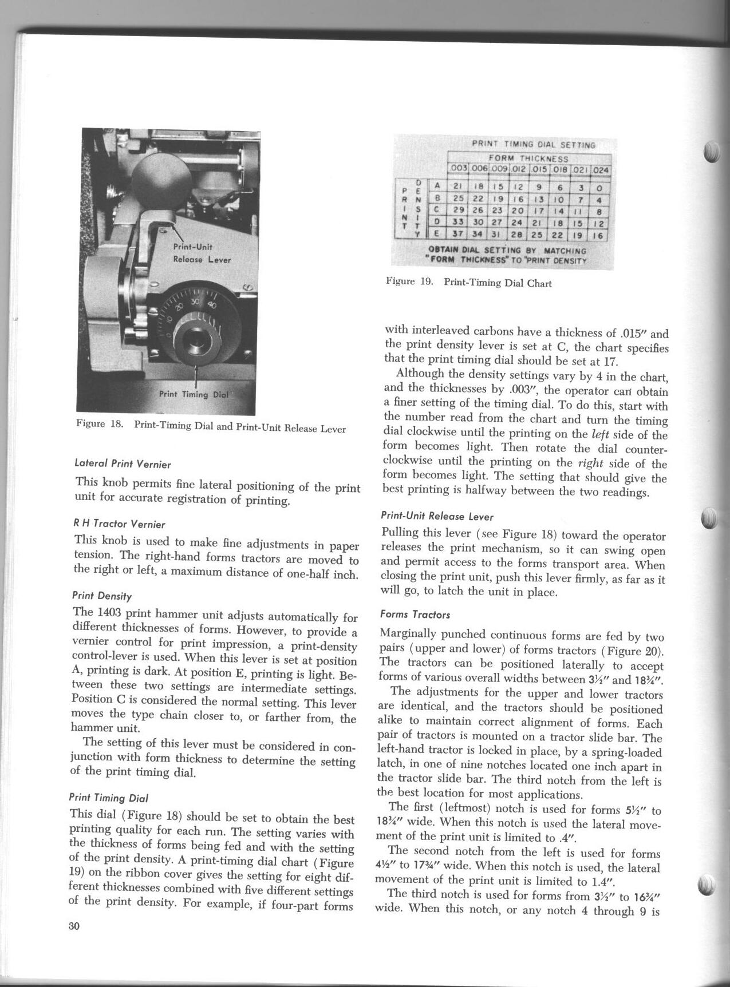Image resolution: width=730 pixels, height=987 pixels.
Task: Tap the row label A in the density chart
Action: tap(437, 185)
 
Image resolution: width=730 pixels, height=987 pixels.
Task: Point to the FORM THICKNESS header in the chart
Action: tap(528, 159)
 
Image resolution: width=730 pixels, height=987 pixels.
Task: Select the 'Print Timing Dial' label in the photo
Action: tap(194, 394)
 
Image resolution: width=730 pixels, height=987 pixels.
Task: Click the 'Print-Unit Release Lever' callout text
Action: tap(202, 253)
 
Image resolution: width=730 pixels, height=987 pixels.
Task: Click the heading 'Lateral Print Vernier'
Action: tap(123, 464)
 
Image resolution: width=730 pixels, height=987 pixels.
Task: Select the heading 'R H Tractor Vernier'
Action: tap(120, 524)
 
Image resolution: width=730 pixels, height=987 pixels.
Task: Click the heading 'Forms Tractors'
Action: tap(415, 615)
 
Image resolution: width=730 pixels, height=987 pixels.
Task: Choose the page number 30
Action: tap(75, 943)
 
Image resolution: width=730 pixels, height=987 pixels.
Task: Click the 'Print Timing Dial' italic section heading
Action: tap(108, 797)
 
